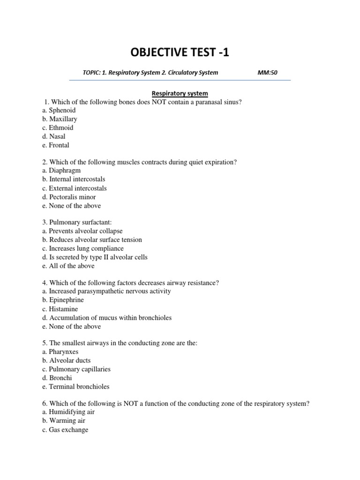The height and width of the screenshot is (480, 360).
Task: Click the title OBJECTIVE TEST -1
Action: tap(180, 52)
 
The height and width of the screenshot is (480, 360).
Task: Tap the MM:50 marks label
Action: tap(267, 73)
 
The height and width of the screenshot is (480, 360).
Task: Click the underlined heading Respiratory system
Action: tap(180, 93)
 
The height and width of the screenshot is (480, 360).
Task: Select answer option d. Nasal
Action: tap(53, 136)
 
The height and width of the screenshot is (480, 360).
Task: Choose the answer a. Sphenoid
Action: tap(59, 110)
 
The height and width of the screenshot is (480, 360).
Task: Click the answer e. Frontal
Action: tap(55, 145)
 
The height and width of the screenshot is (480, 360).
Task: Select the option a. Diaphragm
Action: tap(61, 171)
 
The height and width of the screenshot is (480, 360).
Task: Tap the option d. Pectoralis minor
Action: tap(68, 197)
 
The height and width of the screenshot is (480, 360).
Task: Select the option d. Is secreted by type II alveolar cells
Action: tap(95, 257)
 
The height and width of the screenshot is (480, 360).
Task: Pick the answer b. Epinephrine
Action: tap(63, 300)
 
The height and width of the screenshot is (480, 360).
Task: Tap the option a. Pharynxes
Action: tap(60, 352)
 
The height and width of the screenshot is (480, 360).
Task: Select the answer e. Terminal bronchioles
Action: tap(75, 387)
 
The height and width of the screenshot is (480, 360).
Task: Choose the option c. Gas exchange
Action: tap(65, 429)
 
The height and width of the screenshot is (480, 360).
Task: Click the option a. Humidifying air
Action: tap(68, 412)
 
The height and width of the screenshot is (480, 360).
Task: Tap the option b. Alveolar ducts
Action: tap(66, 360)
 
